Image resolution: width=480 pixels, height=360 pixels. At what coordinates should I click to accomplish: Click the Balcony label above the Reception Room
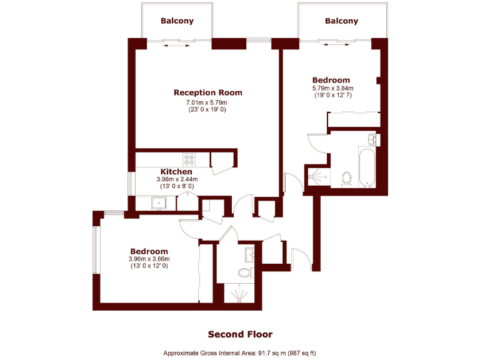pos(177,21)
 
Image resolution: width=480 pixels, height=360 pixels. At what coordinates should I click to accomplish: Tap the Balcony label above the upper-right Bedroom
pos(342,21)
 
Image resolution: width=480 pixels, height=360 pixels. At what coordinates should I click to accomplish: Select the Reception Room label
pos(207,92)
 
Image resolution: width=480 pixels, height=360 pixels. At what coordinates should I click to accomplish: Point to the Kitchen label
pos(176,171)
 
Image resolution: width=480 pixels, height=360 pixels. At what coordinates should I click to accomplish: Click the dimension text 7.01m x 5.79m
pos(207,102)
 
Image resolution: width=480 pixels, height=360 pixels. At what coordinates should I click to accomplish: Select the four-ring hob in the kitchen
pos(189,158)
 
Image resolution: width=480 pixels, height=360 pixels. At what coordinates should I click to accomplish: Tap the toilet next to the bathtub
pos(348,178)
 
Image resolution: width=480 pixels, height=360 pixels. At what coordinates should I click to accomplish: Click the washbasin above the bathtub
pos(372,139)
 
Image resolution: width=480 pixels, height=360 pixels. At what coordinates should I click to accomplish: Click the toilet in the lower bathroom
pos(244,272)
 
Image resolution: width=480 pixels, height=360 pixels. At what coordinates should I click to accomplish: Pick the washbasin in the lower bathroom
pos(251,253)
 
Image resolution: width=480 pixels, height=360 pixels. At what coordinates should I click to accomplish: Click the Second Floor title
pos(240,334)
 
